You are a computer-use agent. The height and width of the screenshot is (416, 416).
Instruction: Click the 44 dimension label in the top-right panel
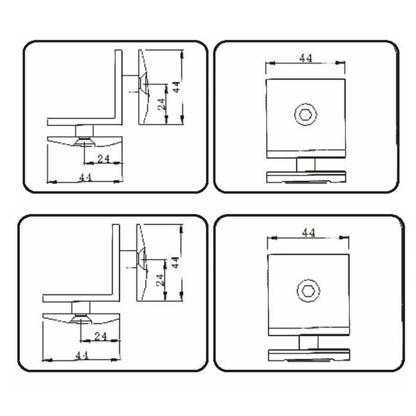point(306,58)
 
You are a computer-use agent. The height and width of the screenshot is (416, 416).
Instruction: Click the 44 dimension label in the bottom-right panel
point(308,233)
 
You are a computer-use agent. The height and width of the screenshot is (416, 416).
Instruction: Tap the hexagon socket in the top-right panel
point(305,114)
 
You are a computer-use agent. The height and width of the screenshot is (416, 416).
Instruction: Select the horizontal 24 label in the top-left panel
point(103,159)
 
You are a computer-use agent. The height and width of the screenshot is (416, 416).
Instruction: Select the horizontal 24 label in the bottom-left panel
point(100,336)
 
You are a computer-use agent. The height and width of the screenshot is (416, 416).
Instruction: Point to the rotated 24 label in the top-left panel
point(162,104)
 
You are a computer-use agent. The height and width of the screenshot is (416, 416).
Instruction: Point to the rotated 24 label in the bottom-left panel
point(160,280)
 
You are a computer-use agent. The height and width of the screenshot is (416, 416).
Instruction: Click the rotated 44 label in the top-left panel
point(176,87)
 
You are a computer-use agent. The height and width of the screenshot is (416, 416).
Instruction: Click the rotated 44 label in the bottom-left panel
point(175,263)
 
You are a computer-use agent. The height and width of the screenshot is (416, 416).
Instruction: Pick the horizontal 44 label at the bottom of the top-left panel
point(85,177)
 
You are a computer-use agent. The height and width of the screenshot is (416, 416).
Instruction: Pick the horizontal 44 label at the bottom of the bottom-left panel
point(82,356)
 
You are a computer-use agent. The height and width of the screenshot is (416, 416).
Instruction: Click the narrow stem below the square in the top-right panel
point(306,165)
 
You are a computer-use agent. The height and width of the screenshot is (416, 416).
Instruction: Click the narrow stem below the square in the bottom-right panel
point(308,342)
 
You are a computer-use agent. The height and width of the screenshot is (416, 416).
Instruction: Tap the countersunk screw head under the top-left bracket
point(84,141)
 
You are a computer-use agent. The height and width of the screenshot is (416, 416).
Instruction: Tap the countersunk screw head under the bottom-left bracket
point(81,319)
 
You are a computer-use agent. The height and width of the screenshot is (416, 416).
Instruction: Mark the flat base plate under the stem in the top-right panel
point(306,177)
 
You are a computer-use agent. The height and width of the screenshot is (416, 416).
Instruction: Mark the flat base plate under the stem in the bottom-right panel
point(309,355)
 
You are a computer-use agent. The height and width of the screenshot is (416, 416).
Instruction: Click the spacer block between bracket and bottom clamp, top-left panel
point(84,131)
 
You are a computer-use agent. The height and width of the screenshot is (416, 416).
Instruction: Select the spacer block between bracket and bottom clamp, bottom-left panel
point(81,308)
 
